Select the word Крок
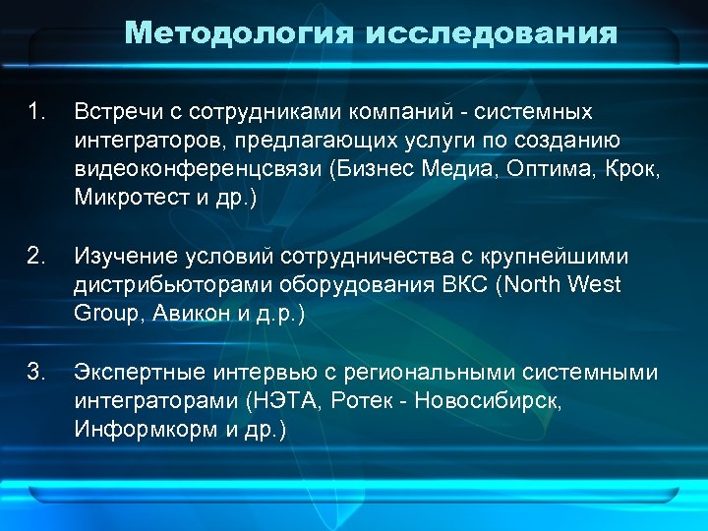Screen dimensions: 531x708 click(630, 169)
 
